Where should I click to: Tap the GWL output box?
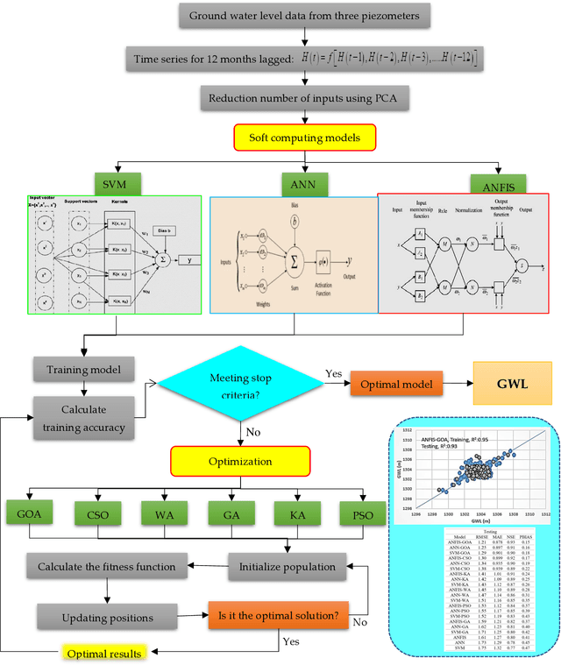(511, 384)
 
